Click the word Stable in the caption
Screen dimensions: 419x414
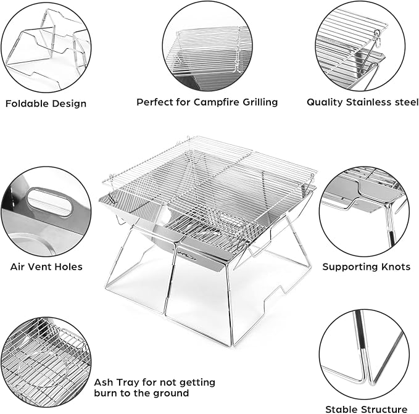[x=341, y=409]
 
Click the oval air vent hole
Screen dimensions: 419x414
[x=50, y=202]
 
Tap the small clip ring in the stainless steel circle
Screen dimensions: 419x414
[x=377, y=33]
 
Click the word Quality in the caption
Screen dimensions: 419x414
[x=325, y=102]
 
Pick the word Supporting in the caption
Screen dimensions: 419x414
[x=351, y=267]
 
